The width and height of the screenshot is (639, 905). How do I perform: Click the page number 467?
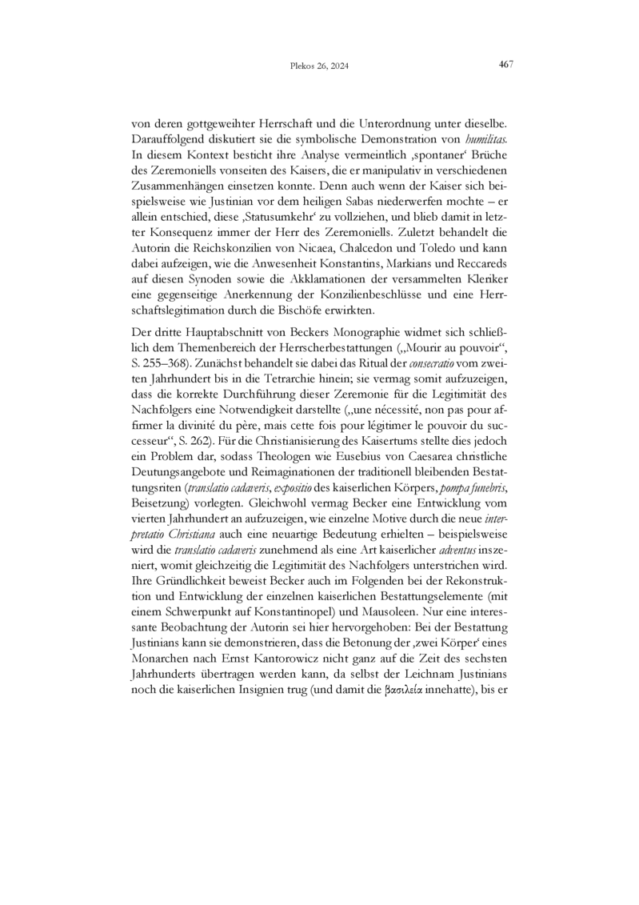tap(505, 64)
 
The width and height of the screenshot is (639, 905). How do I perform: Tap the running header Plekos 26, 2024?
tap(319, 66)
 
